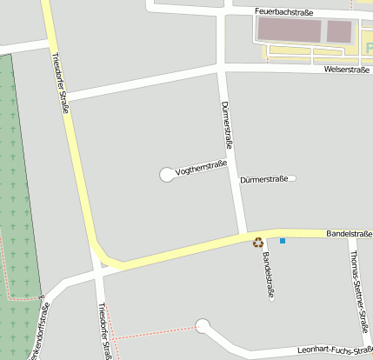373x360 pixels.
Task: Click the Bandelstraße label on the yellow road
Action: (349, 234)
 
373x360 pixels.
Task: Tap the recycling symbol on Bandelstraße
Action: (258, 243)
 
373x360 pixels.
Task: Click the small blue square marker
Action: (282, 240)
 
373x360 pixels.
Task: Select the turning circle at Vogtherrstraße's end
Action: (166, 175)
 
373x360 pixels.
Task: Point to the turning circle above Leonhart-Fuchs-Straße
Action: (203, 326)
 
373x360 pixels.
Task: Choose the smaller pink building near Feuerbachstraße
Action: (339, 32)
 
